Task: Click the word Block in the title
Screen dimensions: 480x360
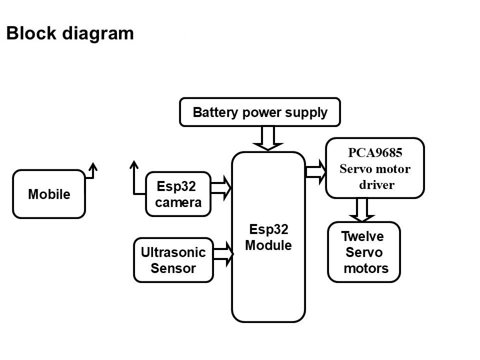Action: click(31, 33)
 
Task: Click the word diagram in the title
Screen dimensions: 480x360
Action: click(98, 34)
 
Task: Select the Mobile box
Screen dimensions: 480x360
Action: click(49, 194)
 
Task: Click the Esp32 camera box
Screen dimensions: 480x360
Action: click(178, 194)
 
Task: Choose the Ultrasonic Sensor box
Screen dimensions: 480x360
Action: click(173, 260)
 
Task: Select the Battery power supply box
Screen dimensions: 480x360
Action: click(260, 112)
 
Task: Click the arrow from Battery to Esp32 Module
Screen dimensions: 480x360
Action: click(268, 138)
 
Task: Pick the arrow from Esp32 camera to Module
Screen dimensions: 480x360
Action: click(221, 188)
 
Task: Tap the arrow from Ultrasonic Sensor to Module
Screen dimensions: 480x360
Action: click(223, 254)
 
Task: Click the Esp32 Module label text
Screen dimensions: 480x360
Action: click(268, 237)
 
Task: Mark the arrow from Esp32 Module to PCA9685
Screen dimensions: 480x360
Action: click(316, 171)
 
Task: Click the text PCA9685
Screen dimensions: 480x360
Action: click(375, 153)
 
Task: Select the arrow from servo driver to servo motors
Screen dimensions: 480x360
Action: click(362, 210)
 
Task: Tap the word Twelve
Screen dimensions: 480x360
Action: click(362, 236)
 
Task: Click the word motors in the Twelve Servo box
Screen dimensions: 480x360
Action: click(366, 268)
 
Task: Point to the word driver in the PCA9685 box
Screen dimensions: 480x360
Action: click(376, 184)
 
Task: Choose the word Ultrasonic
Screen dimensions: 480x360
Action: click(173, 252)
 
